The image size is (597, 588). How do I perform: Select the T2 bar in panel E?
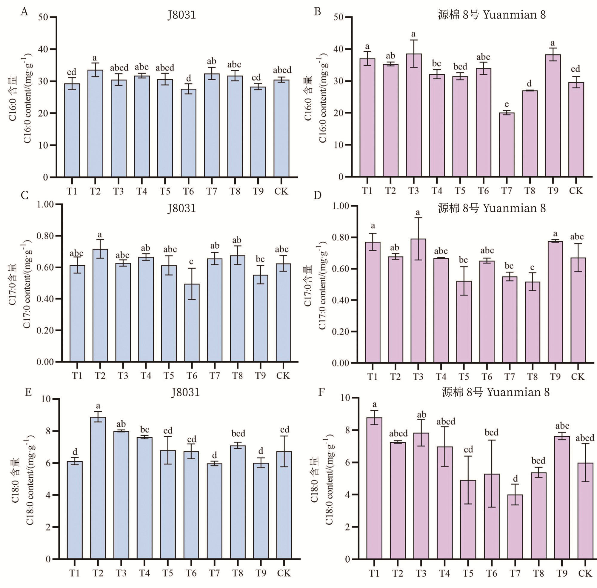click(x=98, y=488)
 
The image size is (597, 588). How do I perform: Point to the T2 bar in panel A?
click(x=95, y=124)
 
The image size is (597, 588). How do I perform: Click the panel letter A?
click(x=24, y=12)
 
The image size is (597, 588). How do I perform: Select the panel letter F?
click(x=321, y=392)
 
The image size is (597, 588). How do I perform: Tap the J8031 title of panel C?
click(x=181, y=208)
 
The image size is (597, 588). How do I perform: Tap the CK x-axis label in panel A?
click(x=281, y=191)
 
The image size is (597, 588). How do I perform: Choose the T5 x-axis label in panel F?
click(x=468, y=573)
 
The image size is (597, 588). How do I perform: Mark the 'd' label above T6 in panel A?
click(x=188, y=78)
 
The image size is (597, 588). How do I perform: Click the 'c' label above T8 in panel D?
click(x=532, y=267)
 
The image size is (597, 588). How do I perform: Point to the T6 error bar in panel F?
click(x=491, y=473)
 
